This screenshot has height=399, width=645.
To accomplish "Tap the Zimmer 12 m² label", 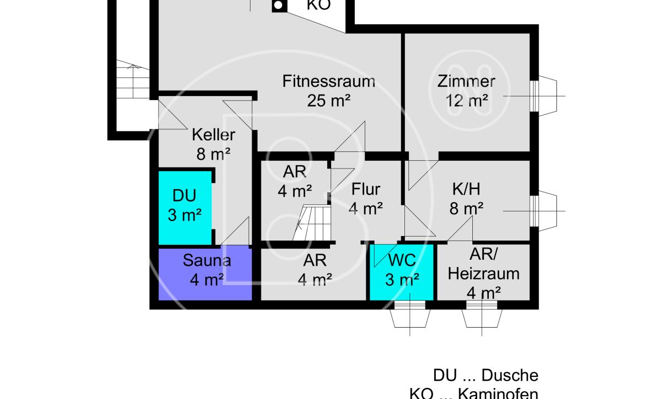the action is pyautogui.click(x=466, y=90).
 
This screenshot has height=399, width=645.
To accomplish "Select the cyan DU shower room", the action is pyautogui.click(x=185, y=208).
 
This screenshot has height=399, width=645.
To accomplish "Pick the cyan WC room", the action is pyautogui.click(x=402, y=272).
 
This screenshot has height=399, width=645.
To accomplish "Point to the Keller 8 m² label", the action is pyautogui.click(x=213, y=144).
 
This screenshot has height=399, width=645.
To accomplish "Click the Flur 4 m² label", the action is pyautogui.click(x=366, y=199).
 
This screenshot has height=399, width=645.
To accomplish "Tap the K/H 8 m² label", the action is pyautogui.click(x=466, y=199).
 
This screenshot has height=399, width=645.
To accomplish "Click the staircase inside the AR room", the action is pyautogui.click(x=312, y=223).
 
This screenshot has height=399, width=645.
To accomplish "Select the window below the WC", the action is pyautogui.click(x=410, y=315).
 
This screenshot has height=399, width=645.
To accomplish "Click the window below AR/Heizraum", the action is pyautogui.click(x=482, y=315).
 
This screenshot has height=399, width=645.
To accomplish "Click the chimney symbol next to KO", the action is pyautogui.click(x=279, y=6).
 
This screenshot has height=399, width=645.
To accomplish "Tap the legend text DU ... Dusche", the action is pyautogui.click(x=486, y=375).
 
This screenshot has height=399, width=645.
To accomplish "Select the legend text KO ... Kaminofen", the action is pyautogui.click(x=473, y=393).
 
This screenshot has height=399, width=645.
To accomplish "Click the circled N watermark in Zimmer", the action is pyautogui.click(x=469, y=91).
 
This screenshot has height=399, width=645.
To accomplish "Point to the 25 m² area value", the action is pyautogui.click(x=329, y=100).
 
